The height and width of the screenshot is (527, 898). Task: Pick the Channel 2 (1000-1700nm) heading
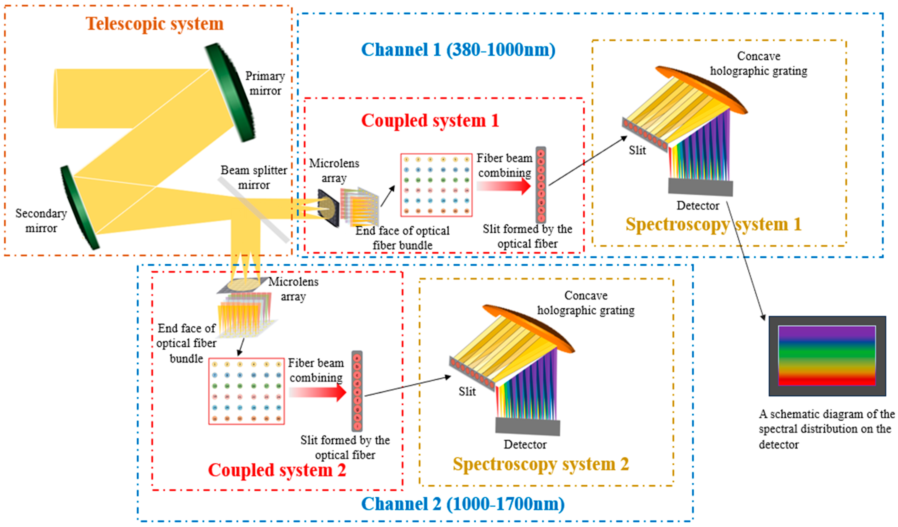click(x=463, y=504)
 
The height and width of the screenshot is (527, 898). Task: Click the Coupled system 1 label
click(x=430, y=120)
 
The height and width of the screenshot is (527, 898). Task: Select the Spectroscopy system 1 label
click(x=713, y=224)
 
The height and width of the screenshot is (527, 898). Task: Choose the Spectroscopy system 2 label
click(x=541, y=464)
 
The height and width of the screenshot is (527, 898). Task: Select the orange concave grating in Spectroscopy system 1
click(x=701, y=89)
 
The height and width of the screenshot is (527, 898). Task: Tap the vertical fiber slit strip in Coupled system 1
click(x=541, y=185)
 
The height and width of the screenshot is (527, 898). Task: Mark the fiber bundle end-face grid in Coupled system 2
click(x=246, y=391)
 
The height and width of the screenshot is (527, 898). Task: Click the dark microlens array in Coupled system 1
click(x=328, y=208)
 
